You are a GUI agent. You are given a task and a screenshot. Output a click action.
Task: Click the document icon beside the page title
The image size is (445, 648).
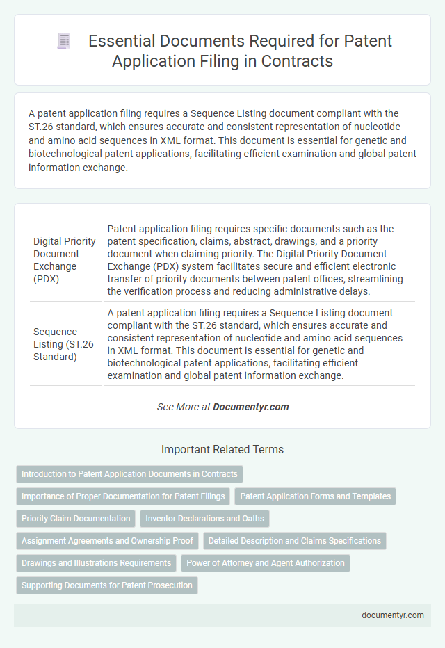click(x=65, y=41)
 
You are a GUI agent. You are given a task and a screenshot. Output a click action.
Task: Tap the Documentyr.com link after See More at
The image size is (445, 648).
click(x=251, y=407)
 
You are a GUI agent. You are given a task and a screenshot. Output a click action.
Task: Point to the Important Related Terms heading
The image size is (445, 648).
click(x=222, y=449)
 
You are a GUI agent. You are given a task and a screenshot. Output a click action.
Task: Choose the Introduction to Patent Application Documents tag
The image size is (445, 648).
click(x=129, y=474)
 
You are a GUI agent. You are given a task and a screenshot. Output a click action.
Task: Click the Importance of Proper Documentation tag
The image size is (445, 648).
click(x=123, y=496)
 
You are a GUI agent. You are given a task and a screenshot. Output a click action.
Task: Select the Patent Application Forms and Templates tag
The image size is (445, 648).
click(x=315, y=496)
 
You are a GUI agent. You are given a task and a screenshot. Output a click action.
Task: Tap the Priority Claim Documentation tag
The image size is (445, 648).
click(x=76, y=519)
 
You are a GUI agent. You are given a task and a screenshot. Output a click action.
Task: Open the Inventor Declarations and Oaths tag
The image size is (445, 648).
click(x=205, y=519)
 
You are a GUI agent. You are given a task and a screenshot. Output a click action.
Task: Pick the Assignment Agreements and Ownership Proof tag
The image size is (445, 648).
click(x=108, y=541)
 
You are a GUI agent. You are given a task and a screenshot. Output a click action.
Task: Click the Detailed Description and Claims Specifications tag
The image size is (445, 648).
click(x=295, y=541)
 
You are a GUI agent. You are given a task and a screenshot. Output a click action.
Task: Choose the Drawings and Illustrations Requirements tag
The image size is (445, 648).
click(x=96, y=563)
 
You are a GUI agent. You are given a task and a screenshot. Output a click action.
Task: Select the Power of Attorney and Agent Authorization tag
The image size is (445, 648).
click(x=266, y=563)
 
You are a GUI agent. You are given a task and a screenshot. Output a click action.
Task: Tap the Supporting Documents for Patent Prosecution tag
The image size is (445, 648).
click(x=107, y=585)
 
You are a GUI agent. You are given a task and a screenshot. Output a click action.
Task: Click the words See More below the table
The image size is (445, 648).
click(x=178, y=407)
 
